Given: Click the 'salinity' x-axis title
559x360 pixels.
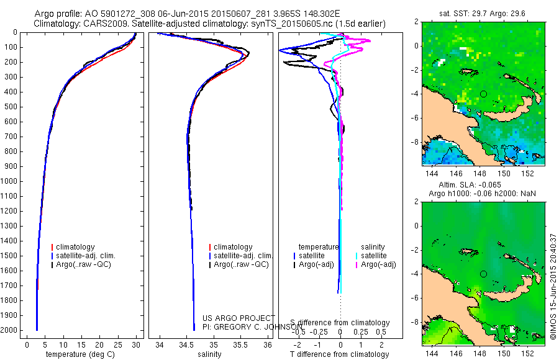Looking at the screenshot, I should click(209, 354).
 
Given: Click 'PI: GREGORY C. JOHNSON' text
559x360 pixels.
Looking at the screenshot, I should click(247, 326).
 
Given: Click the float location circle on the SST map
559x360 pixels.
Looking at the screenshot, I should click(483, 94).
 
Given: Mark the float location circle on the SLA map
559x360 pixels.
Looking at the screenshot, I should click(483, 274).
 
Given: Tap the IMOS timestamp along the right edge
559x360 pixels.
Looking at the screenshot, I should click(552, 288).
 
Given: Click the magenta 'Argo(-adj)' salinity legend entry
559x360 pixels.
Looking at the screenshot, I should click(378, 264).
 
